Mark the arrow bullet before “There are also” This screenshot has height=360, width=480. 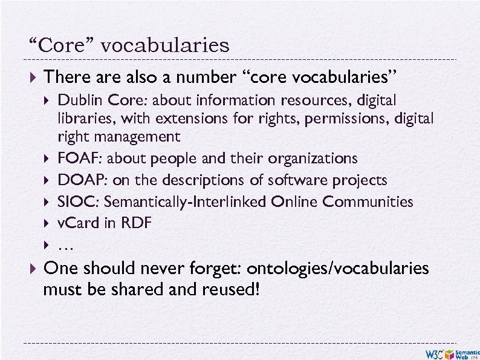34,78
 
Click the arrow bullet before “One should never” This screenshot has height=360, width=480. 34,269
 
